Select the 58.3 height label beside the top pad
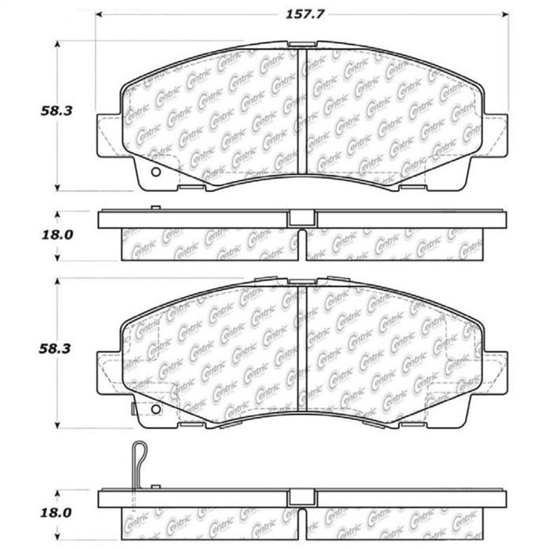(x=56, y=111)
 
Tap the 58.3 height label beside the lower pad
(x=55, y=349)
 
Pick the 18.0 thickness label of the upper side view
(x=57, y=235)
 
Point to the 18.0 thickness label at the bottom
(x=56, y=513)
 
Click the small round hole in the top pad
(x=155, y=172)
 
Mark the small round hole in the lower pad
(x=155, y=409)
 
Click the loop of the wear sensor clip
(x=140, y=451)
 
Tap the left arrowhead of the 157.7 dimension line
(x=99, y=14)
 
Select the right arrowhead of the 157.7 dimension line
(x=505, y=14)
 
